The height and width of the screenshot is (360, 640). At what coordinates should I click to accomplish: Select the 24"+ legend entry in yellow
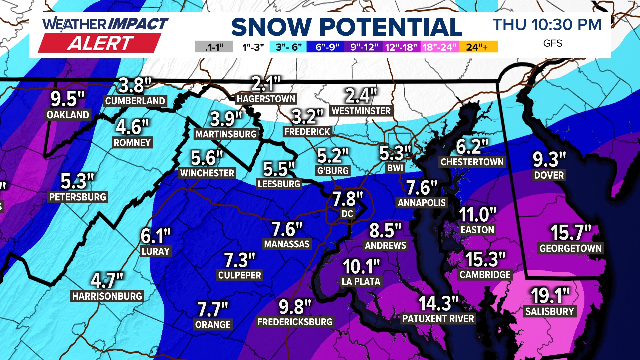coord(478,47)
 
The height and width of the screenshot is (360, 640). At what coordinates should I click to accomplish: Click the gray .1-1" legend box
coord(214,47)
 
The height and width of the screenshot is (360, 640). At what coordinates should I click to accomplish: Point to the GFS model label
coord(552,43)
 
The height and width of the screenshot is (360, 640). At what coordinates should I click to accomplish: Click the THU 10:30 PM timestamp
coord(547,25)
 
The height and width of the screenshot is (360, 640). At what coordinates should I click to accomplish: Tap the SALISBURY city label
coord(550,311)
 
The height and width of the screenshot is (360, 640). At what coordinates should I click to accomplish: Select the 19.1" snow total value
coord(550,295)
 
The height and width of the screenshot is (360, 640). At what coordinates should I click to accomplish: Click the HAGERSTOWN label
coord(266,99)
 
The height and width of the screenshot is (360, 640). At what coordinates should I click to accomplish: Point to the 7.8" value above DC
coord(348,199)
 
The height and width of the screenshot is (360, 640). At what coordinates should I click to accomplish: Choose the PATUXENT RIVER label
coord(438,319)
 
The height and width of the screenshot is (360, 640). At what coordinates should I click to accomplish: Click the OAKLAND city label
coord(68,115)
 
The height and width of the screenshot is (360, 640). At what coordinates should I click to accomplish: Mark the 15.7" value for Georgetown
coord(571,232)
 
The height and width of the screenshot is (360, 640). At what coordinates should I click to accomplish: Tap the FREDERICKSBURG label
coord(295,322)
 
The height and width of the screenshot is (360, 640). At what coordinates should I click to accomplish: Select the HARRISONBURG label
coord(107,296)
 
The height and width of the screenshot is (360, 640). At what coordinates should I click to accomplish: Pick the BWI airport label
coord(395,168)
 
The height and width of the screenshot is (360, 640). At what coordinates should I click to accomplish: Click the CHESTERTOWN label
coord(472,162)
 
